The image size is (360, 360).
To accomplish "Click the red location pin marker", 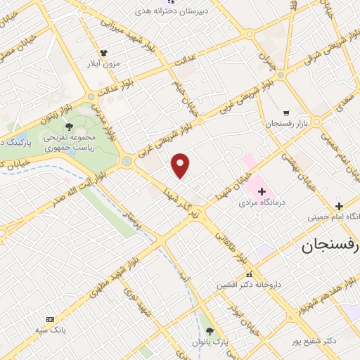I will click(181, 165).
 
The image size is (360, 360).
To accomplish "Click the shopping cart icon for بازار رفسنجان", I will click(285, 112).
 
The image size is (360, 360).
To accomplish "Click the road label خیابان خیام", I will click(184, 98).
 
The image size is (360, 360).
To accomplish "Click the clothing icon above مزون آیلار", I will click(103, 53).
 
